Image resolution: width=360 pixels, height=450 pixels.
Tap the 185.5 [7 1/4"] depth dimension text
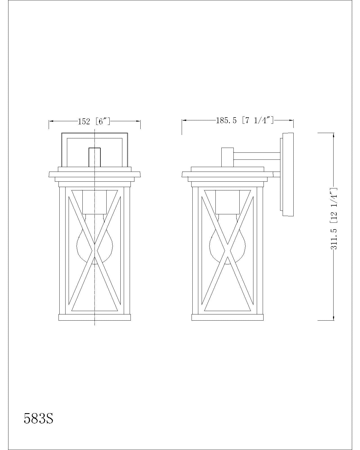tap(245, 120)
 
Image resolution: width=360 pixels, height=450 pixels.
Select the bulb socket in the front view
tap(94, 202)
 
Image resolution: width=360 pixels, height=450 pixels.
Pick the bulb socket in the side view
tap(227, 202)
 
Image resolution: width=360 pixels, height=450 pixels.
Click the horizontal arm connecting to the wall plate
tap(257, 156)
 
